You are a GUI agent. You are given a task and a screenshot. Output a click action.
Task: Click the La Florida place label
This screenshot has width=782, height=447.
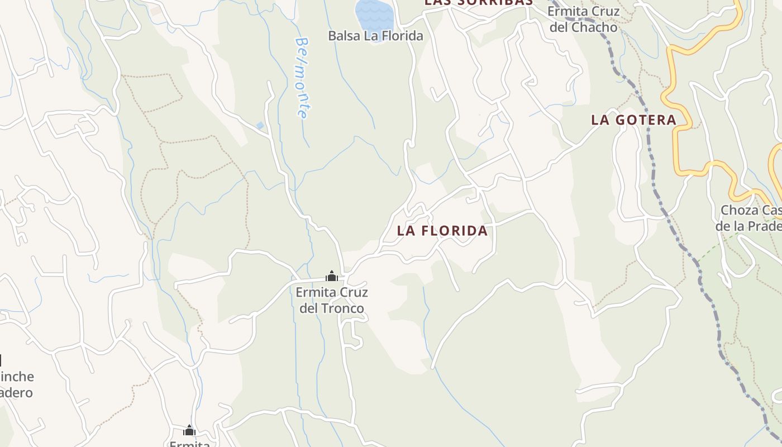pyautogui.click(x=442, y=231)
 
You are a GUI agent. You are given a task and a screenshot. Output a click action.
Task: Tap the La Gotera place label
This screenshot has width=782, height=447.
pyautogui.click(x=633, y=120)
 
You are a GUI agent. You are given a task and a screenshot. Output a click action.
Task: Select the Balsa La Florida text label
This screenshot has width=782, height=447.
pyautogui.click(x=375, y=36)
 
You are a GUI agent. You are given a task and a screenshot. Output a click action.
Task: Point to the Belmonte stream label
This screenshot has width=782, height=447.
pyautogui.click(x=302, y=77)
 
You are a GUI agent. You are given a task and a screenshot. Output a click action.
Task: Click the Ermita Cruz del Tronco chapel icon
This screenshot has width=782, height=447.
pyautogui.click(x=332, y=276)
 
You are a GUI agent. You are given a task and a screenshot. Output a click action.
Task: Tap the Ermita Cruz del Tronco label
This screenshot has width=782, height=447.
pyautogui.click(x=332, y=300)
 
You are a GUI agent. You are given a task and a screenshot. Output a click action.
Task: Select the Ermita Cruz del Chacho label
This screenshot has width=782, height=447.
pyautogui.click(x=583, y=19)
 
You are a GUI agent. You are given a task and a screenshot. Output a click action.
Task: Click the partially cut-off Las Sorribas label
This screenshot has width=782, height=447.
pyautogui.click(x=478, y=2)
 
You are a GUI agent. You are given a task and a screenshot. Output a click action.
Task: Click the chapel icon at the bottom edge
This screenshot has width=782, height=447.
pyautogui.click(x=189, y=430)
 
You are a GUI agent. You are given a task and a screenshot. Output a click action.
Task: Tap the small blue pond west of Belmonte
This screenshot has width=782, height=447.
pyautogui.click(x=260, y=126)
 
